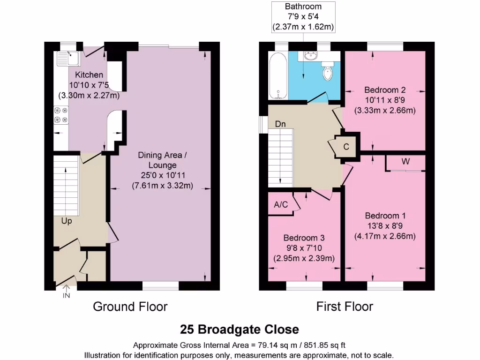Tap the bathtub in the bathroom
[278, 76]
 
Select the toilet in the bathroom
[328, 72]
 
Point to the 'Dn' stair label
[280, 124]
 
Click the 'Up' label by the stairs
[67, 220]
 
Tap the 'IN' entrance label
[66, 295]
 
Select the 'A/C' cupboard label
[281, 204]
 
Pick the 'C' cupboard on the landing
[346, 147]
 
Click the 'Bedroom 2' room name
[385, 90]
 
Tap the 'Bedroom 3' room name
[304, 238]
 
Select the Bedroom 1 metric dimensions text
[385, 236]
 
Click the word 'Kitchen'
[89, 75]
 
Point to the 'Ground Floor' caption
[130, 307]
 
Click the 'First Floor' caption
[345, 307]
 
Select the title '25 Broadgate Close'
[240, 329]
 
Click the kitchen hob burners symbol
[61, 115]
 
